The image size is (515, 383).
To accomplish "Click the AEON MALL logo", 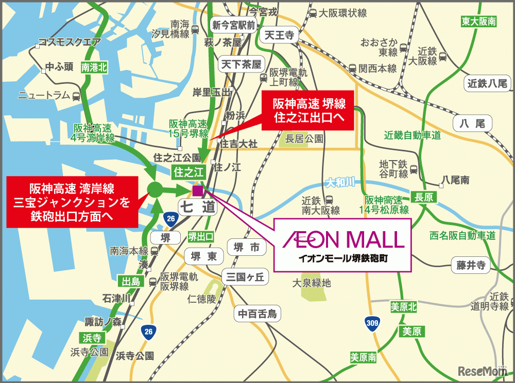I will click(x=342, y=239).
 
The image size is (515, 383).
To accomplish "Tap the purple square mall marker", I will click(x=197, y=191).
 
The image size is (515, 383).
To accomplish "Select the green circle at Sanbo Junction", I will click(x=155, y=190).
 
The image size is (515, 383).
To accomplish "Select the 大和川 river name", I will click(x=340, y=182).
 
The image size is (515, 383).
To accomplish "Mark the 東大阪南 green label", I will click(x=478, y=22).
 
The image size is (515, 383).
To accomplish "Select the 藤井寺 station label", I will click(x=471, y=266).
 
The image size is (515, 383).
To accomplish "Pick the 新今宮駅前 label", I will click(x=234, y=25).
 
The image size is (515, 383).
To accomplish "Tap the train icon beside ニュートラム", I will click(x=76, y=96).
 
